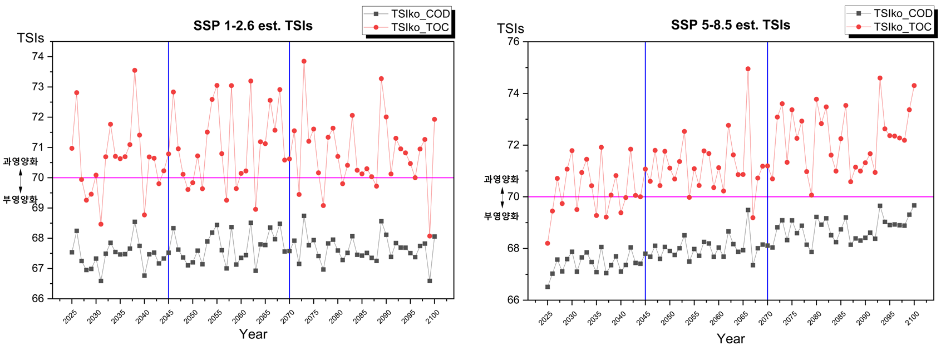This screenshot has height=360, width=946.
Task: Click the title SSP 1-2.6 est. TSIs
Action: pos(253,26)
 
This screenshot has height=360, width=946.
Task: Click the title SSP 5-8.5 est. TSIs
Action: pos(730,25)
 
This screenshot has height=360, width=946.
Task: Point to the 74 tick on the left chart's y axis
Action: pos(38,56)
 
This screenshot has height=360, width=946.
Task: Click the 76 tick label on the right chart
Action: pos(513,42)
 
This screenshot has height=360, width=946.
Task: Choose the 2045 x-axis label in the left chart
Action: pos(166,316)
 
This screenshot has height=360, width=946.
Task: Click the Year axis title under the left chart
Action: pos(253,334)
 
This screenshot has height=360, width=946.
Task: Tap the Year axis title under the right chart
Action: pos(730,338)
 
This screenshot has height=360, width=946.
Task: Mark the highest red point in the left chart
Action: pos(304,61)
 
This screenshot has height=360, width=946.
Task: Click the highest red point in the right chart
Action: pos(748,69)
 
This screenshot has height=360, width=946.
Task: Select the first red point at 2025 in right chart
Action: pos(548,243)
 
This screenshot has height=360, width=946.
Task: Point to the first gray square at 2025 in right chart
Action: pos(548,287)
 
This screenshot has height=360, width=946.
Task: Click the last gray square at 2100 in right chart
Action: pos(914,205)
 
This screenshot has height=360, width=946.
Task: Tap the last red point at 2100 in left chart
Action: pos(435,119)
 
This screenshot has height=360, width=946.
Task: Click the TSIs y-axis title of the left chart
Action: pos(30,38)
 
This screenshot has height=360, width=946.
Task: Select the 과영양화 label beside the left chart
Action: pos(20,161)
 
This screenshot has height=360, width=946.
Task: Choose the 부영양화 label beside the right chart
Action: pos(501,216)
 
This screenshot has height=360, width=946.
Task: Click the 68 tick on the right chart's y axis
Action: pos(513,248)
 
